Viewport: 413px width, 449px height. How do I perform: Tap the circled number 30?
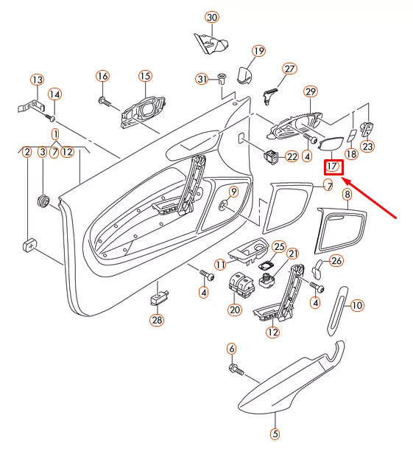(x=212, y=17)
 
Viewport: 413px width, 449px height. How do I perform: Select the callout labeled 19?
(x=258, y=51)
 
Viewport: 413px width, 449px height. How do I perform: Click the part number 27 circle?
(x=289, y=69)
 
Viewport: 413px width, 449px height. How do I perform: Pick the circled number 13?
(x=37, y=80)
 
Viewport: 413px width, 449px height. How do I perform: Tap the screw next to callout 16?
(x=106, y=100)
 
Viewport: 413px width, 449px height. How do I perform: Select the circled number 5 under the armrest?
(x=275, y=434)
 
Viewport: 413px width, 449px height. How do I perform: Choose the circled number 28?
(x=157, y=320)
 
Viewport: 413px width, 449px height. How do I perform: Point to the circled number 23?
(x=367, y=147)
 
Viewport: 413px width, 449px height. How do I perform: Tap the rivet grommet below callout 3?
(x=43, y=200)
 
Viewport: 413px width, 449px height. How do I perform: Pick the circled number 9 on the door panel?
(x=233, y=192)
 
